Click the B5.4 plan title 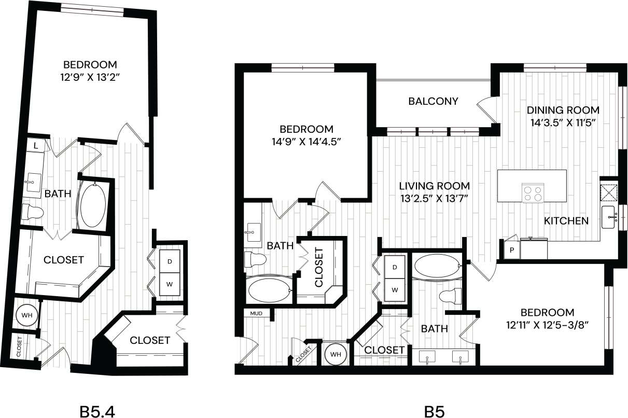(x=97, y=411)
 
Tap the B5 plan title (x=435, y=411)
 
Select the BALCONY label (x=433, y=101)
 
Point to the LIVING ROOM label (x=434, y=186)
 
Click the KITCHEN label (x=566, y=221)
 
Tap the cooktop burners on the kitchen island (x=533, y=193)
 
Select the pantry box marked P (x=511, y=250)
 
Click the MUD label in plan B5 (x=256, y=313)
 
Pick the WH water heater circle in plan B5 (x=336, y=354)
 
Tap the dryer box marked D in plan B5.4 (x=170, y=262)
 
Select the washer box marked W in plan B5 (x=395, y=289)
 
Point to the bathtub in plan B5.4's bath (x=94, y=205)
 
